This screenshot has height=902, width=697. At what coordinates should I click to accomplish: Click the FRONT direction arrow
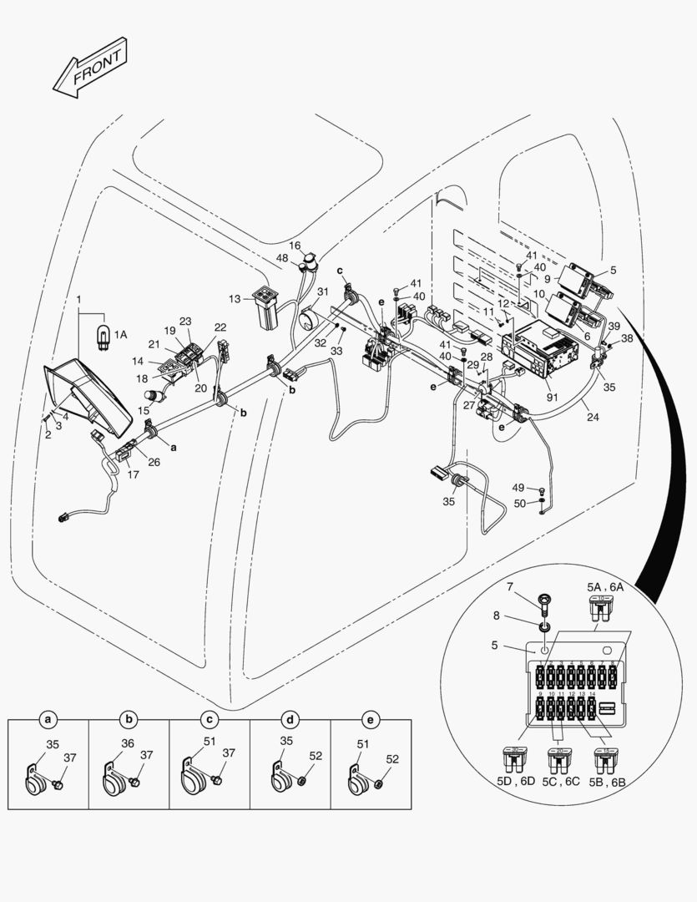coord(90,67)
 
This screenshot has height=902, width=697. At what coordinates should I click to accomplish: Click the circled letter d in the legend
coord(290,718)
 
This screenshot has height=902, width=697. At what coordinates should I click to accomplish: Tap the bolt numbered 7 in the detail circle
coord(545,599)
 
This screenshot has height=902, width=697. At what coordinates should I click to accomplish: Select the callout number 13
coord(235,299)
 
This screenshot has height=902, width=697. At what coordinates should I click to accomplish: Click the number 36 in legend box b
coord(128,742)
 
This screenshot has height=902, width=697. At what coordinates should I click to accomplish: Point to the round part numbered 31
coord(308,319)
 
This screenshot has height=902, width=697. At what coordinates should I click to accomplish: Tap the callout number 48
coord(282,258)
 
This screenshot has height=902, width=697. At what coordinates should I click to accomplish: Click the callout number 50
coord(518,504)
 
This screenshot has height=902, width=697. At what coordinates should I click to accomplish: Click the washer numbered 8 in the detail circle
coord(543,626)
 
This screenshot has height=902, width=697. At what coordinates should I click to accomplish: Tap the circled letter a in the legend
coord(48,718)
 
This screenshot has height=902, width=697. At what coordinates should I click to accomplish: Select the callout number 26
coord(154,462)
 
